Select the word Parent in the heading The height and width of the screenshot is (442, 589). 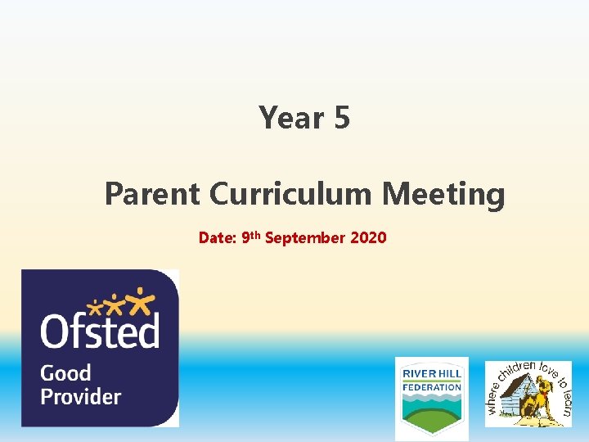tap(152, 195)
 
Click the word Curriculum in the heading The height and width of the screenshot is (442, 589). tap(290, 195)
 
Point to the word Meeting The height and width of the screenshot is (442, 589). tap(443, 195)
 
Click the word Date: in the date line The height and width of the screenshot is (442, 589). tap(218, 238)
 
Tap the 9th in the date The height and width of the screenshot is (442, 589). tap(252, 237)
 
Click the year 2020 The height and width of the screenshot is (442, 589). tap(368, 238)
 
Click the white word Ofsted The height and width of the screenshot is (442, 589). tap(100, 331)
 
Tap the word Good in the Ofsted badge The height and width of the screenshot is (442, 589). tap(65, 373)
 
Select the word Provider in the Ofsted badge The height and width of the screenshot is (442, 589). tap(80, 397)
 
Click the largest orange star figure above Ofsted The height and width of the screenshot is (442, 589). tap(142, 301)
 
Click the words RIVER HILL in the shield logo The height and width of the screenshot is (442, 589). tap(432, 373)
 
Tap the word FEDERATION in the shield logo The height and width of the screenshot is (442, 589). tap(432, 387)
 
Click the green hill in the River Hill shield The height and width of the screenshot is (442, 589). tap(432, 419)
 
